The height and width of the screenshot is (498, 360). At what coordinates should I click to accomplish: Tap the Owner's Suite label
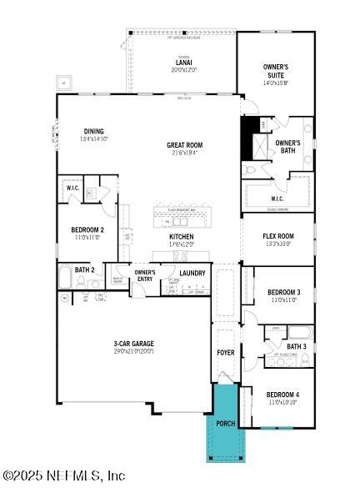coord(276,70)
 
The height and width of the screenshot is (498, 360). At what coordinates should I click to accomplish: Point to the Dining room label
coord(94,130)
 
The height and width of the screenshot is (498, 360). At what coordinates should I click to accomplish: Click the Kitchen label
coord(182,236)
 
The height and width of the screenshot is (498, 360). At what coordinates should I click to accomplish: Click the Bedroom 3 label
coord(283,292)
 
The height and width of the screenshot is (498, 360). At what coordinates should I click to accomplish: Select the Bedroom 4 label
coord(282,395)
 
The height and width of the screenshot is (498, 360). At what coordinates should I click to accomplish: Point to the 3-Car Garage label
coord(134,343)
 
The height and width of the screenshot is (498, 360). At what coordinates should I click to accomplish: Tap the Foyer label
coord(226,353)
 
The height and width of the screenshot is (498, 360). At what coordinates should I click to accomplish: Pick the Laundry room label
coord(192,273)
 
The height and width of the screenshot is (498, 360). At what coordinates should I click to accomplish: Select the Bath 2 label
coord(84,269)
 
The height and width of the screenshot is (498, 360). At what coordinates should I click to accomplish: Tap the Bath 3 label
coord(297,346)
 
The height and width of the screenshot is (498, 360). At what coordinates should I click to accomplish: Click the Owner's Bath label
coord(288,147)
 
